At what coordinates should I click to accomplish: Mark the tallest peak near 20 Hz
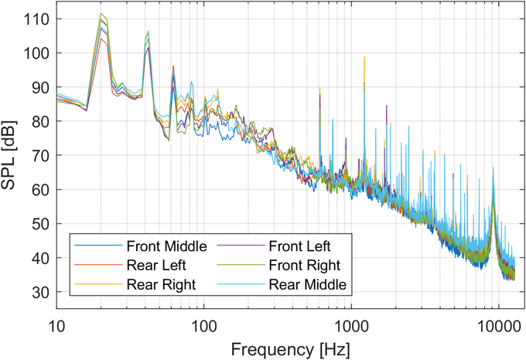(x=101, y=14)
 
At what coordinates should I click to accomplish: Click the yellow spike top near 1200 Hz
(x=364, y=57)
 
